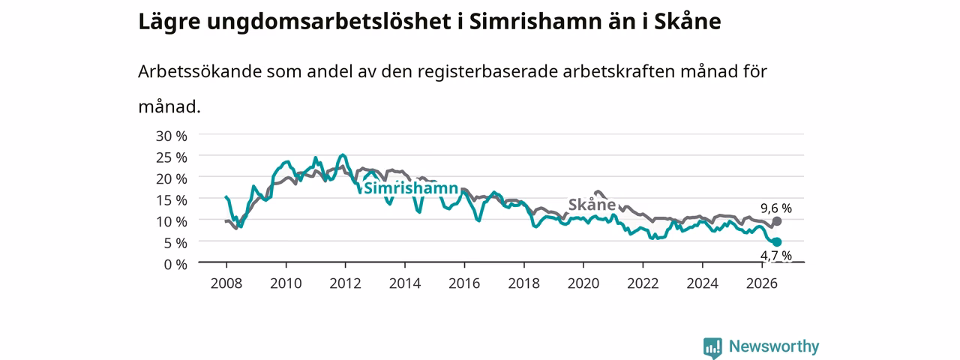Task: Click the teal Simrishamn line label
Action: coord(411,188)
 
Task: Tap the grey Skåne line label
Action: coord(592,205)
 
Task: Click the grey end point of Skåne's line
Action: coord(776,221)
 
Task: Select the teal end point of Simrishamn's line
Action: coord(776,242)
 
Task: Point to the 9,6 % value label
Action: coord(776,208)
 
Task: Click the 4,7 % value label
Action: coord(776,256)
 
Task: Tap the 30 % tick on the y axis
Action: coord(172,136)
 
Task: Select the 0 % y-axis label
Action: coord(175,265)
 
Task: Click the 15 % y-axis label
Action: coord(172,200)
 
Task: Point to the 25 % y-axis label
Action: coord(172,157)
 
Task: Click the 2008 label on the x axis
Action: coord(226,283)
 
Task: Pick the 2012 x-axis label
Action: coord(346,283)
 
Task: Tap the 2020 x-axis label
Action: coord(583,283)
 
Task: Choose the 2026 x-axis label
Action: coord(762,283)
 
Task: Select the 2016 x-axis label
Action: coord(464,283)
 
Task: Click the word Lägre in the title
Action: coord(169,22)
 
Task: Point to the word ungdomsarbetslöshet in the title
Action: coord(329,22)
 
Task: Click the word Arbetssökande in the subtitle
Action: coord(199,71)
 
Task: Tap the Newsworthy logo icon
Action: coord(712,347)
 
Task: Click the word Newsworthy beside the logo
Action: coord(774,346)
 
